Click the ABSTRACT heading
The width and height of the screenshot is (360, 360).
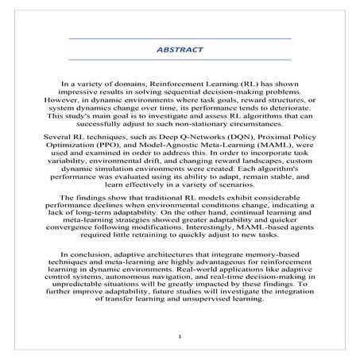click(x=180, y=49)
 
